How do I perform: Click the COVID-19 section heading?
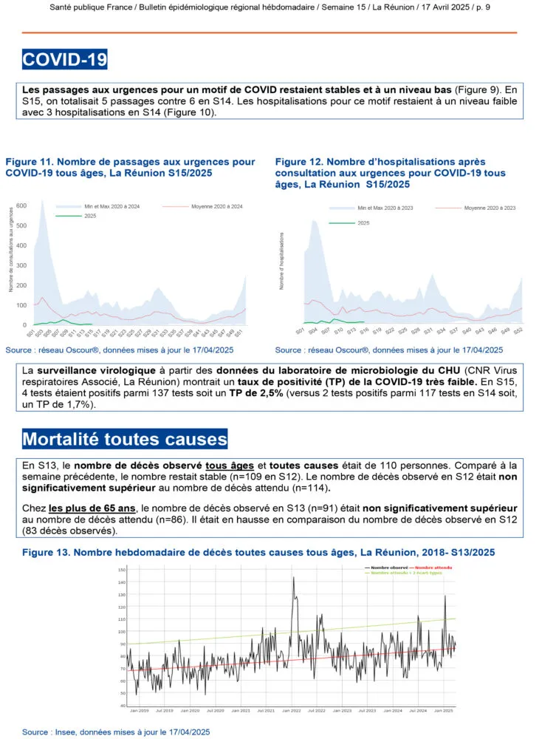[x=65, y=59]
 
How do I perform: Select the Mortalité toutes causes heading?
[x=125, y=438]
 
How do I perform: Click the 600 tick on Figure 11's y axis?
[x=21, y=205]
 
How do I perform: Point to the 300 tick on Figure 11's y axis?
[x=21, y=265]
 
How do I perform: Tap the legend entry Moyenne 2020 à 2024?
[x=216, y=206]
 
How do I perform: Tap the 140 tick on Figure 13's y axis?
[x=122, y=582]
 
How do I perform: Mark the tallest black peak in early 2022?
[x=293, y=578]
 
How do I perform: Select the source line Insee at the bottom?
[x=116, y=732]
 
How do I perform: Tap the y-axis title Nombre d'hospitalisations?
[x=282, y=260]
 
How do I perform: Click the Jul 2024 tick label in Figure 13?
[x=417, y=711]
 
